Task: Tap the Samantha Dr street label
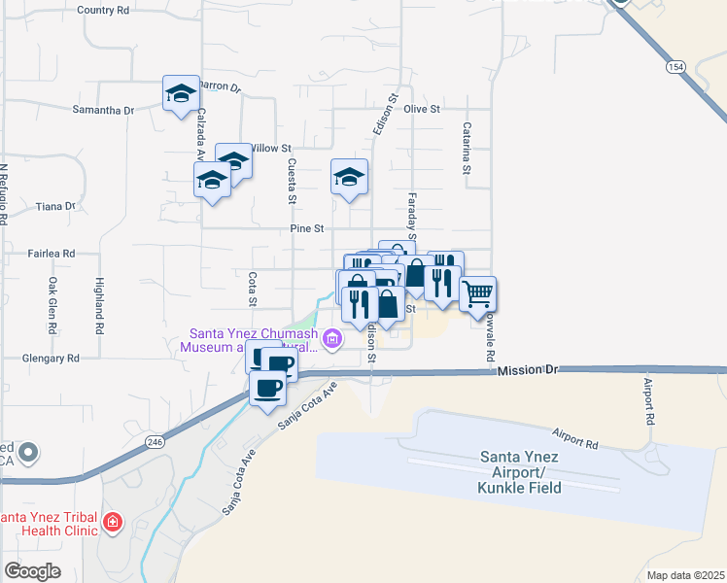tap(103, 111)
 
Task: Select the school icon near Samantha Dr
tap(181, 94)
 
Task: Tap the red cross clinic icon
tap(114, 523)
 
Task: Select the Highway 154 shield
tap(675, 67)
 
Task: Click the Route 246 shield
tap(156, 441)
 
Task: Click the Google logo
tap(32, 570)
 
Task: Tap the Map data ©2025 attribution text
tap(685, 575)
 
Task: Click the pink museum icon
tap(332, 339)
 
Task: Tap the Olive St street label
tap(422, 109)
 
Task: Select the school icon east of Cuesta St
tap(349, 177)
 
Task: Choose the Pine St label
tap(305, 228)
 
